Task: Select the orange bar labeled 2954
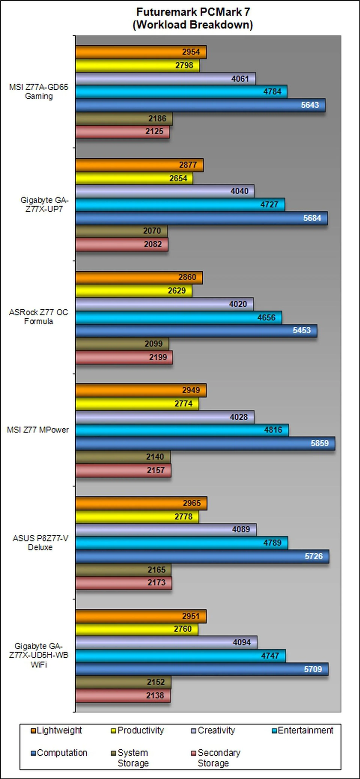(x=141, y=52)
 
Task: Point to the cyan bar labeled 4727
(x=180, y=205)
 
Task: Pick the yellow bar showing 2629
(x=133, y=291)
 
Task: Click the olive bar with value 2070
(x=121, y=231)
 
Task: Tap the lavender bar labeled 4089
(x=166, y=529)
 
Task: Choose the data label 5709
(x=313, y=669)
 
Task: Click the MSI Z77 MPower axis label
(x=38, y=430)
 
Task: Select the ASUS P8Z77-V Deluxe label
(x=40, y=543)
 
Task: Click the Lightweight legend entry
(x=59, y=730)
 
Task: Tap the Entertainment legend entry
(x=305, y=730)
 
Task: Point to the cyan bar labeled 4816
(x=181, y=430)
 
